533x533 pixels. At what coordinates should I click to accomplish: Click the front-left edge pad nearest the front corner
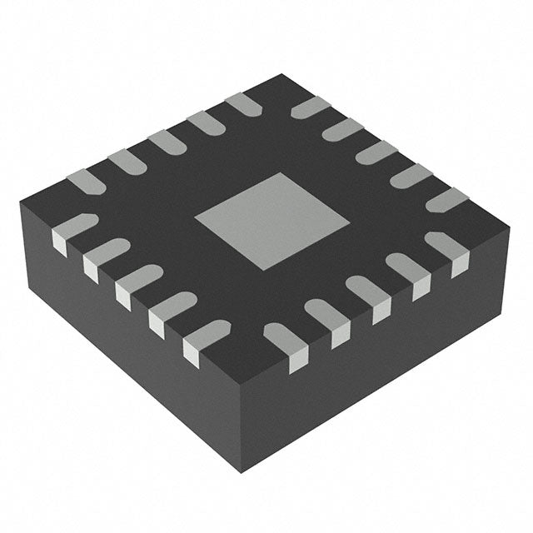coord(205,339)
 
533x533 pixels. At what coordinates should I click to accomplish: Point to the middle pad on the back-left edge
coord(167,142)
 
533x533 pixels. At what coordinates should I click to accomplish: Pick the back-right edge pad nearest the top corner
coord(310,107)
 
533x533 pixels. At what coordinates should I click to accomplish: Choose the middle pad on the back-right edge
coord(376,152)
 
